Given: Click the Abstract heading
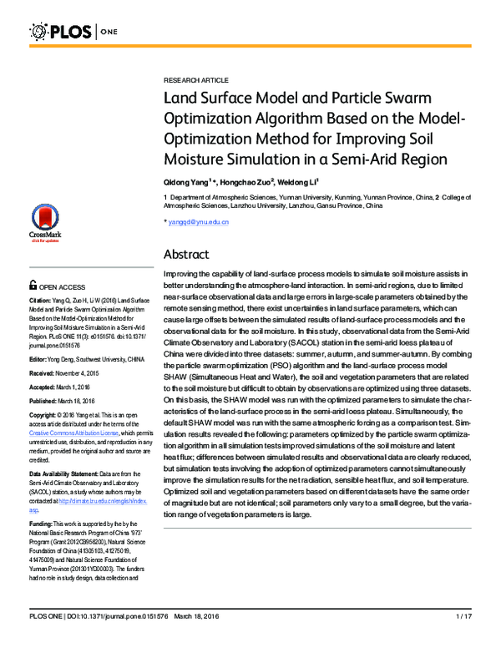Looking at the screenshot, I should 185,254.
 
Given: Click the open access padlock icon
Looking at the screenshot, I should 33,284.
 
